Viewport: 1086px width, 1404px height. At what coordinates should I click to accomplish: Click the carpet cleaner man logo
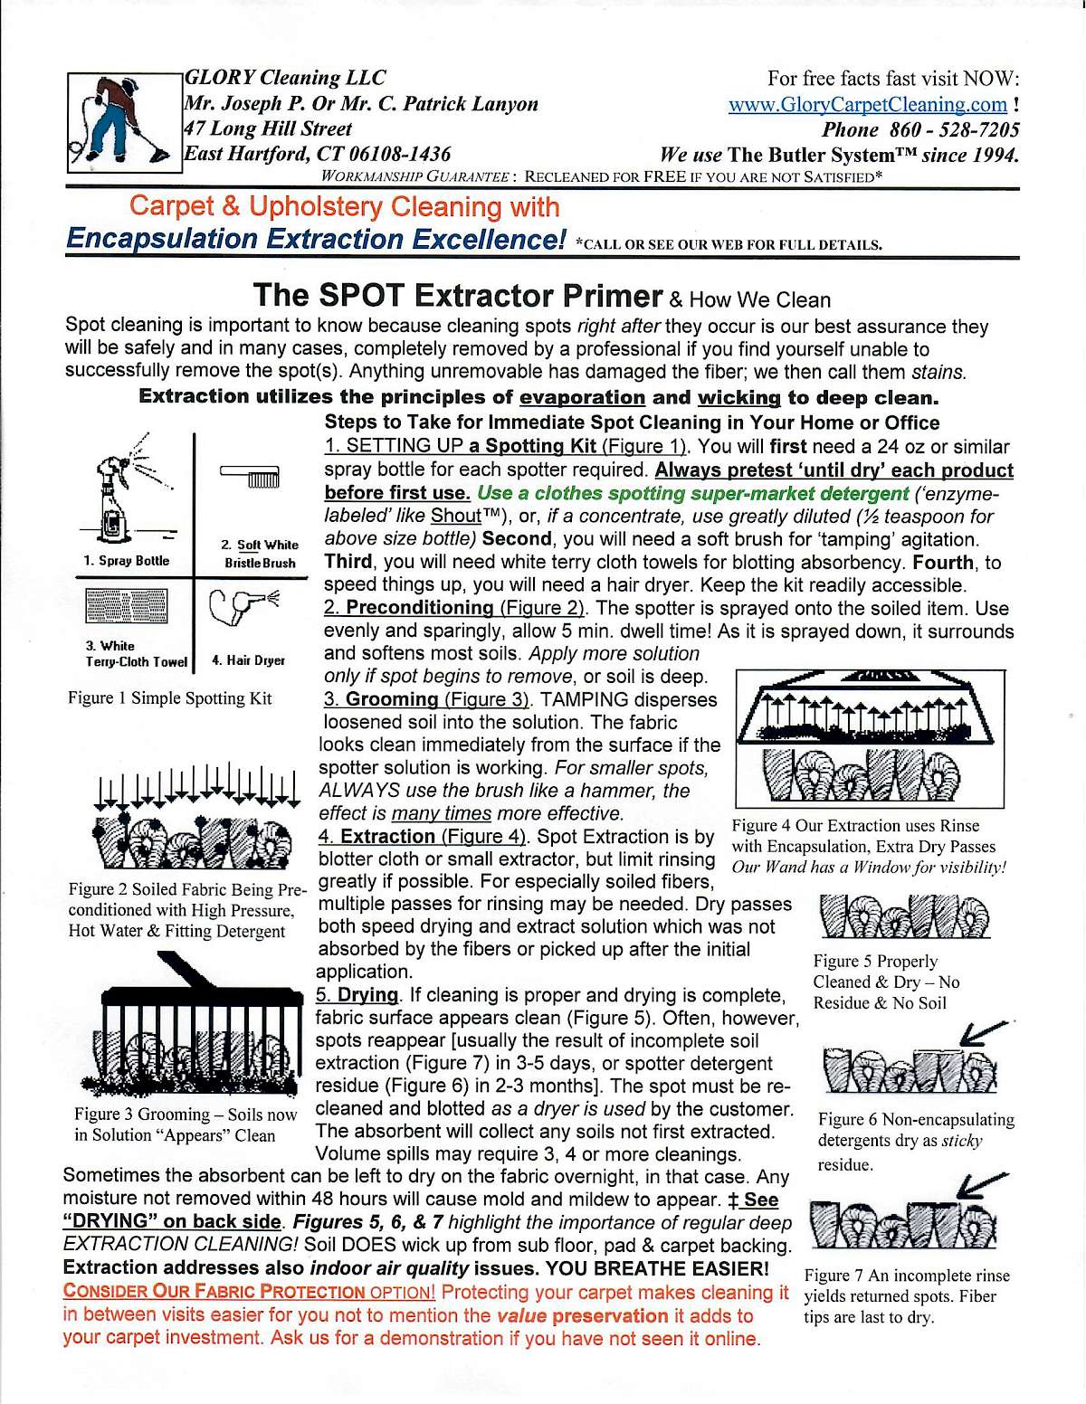pyautogui.click(x=123, y=122)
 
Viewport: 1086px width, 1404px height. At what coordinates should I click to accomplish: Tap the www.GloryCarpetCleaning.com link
pyautogui.click(x=867, y=105)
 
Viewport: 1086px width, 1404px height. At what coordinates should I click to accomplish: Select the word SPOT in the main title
pyautogui.click(x=360, y=296)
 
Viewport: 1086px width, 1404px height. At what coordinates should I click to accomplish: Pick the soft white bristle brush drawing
pyautogui.click(x=251, y=476)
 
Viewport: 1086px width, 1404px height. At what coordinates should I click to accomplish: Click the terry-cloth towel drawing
pyautogui.click(x=127, y=606)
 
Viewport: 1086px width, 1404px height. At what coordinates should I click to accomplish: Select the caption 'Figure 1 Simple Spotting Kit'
pyautogui.click(x=169, y=698)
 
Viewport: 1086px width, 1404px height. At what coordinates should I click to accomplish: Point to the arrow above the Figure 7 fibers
pyautogui.click(x=984, y=1185)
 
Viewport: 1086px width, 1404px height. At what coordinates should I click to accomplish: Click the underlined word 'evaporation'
pyautogui.click(x=582, y=397)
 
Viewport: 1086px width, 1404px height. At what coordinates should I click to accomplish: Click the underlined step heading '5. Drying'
pyautogui.click(x=357, y=995)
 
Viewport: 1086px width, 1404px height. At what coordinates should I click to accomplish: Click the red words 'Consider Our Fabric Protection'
pyautogui.click(x=214, y=1293)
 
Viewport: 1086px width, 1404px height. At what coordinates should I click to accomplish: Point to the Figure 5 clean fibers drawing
pyautogui.click(x=904, y=917)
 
